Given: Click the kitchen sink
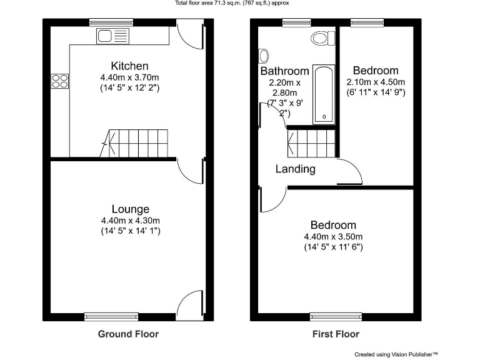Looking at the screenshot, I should [x=112, y=36].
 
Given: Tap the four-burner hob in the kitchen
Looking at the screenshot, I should [x=60, y=80].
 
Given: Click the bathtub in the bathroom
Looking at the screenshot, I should [x=324, y=94].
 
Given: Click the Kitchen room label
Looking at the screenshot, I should [x=129, y=66].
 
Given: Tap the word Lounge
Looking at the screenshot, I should [x=130, y=209].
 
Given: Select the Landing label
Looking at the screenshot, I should [x=296, y=169].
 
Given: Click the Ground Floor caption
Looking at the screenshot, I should [x=128, y=334].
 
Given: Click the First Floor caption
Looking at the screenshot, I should [x=336, y=334].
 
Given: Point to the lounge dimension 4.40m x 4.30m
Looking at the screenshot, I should [x=130, y=220].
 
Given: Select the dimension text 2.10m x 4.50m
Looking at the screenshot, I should [x=375, y=82].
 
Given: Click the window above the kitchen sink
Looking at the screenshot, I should [x=109, y=22].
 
